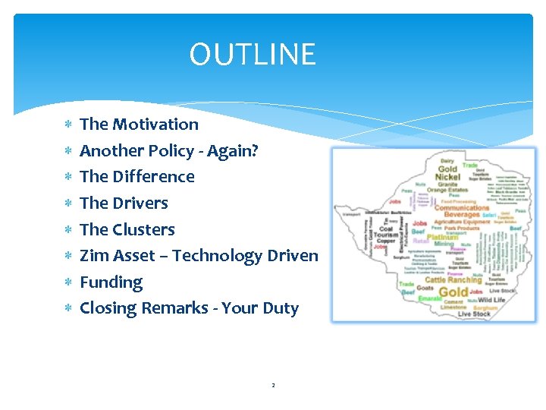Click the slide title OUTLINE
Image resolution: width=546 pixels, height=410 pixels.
pos(252,55)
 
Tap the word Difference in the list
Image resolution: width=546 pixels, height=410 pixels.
pos(153,177)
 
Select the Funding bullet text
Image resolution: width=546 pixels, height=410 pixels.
pos(111,282)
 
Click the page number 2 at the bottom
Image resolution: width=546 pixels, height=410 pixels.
pos(273,386)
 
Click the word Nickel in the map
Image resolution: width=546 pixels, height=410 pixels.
pos(448,177)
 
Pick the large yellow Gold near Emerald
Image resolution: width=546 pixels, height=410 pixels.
pos(453,292)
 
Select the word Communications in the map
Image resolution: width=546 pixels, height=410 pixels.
pos(462,207)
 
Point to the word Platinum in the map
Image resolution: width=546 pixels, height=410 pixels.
pos(444,237)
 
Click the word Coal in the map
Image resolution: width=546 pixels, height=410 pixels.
pos(386,229)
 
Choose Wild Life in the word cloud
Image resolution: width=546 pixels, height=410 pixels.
pos(491,300)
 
